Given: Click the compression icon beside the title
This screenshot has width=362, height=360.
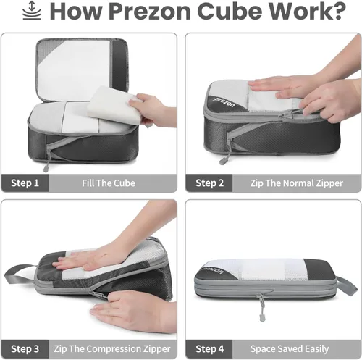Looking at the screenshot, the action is pyautogui.click(x=32, y=10).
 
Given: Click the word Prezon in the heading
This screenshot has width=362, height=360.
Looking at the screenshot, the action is pyautogui.click(x=150, y=12).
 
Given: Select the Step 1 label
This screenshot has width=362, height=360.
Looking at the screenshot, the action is pyautogui.click(x=25, y=183).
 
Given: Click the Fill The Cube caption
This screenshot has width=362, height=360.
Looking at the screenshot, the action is pyautogui.click(x=109, y=183).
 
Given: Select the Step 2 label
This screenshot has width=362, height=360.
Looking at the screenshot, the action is pyautogui.click(x=209, y=183).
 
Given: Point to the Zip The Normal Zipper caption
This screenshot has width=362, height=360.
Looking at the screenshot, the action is pyautogui.click(x=296, y=183).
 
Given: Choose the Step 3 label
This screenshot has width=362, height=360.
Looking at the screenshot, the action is pyautogui.click(x=25, y=349).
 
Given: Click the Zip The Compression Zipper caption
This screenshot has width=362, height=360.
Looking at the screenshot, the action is pyautogui.click(x=112, y=349).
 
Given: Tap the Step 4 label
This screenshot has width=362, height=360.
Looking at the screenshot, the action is pyautogui.click(x=209, y=349).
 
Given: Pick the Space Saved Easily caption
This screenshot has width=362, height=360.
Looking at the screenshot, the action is pyautogui.click(x=290, y=349).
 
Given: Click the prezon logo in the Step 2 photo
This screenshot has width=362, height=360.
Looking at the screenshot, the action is pyautogui.click(x=224, y=102).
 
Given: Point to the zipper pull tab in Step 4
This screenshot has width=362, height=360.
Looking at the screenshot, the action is pyautogui.click(x=261, y=307).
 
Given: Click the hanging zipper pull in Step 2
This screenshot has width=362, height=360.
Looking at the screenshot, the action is pyautogui.click(x=224, y=155).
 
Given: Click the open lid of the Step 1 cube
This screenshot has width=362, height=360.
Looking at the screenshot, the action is pyautogui.click(x=82, y=70).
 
